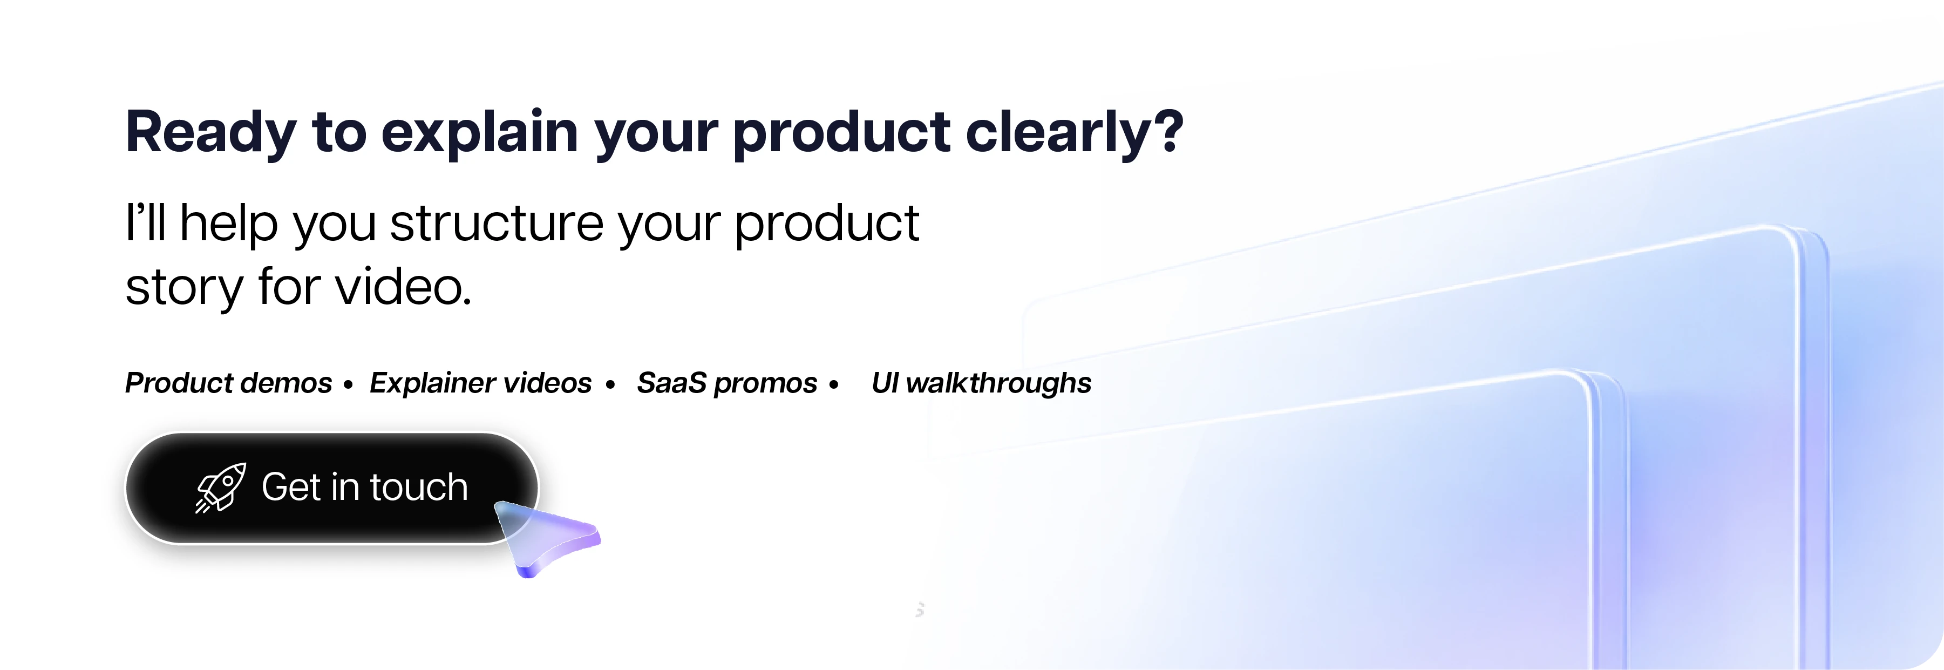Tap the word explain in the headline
(x=480, y=134)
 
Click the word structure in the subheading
(x=497, y=224)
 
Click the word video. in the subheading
(x=404, y=287)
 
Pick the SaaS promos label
(x=727, y=383)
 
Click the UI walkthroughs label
(x=981, y=383)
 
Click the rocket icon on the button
(x=220, y=488)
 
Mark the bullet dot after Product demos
(x=348, y=385)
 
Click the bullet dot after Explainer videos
(x=610, y=385)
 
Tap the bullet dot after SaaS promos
(x=834, y=385)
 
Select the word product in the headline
(x=841, y=134)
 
